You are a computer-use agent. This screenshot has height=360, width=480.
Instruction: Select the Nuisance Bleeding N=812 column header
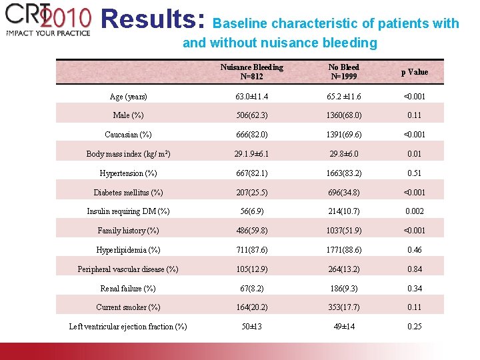[251, 71]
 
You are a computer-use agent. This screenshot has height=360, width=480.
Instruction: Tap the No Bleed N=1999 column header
[343, 71]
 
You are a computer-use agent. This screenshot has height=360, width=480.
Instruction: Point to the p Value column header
[414, 72]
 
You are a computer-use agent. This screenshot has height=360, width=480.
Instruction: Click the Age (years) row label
[128, 97]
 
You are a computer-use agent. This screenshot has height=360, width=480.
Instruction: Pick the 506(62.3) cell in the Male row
[251, 115]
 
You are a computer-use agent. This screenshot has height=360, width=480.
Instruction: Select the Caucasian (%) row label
[128, 135]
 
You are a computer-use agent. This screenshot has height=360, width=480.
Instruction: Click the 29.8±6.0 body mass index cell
[343, 154]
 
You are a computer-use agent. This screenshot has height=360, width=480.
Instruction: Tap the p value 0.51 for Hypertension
[414, 173]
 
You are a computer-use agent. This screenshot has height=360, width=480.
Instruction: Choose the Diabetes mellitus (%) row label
[128, 193]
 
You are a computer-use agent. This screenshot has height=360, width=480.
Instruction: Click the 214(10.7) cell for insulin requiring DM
[343, 211]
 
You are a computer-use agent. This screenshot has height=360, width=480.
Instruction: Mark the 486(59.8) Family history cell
[251, 231]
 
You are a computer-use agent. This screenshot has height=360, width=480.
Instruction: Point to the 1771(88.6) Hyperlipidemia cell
[343, 250]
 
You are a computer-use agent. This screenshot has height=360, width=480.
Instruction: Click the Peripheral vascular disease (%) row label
[128, 269]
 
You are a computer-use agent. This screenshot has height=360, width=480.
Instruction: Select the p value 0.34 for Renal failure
[414, 289]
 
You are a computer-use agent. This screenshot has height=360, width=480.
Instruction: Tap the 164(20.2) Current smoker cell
[251, 307]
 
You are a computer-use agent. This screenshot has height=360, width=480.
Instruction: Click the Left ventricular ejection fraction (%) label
[128, 327]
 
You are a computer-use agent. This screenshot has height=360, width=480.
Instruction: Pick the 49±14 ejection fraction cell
[343, 327]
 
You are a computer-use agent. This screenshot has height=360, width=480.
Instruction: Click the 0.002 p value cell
[414, 211]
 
